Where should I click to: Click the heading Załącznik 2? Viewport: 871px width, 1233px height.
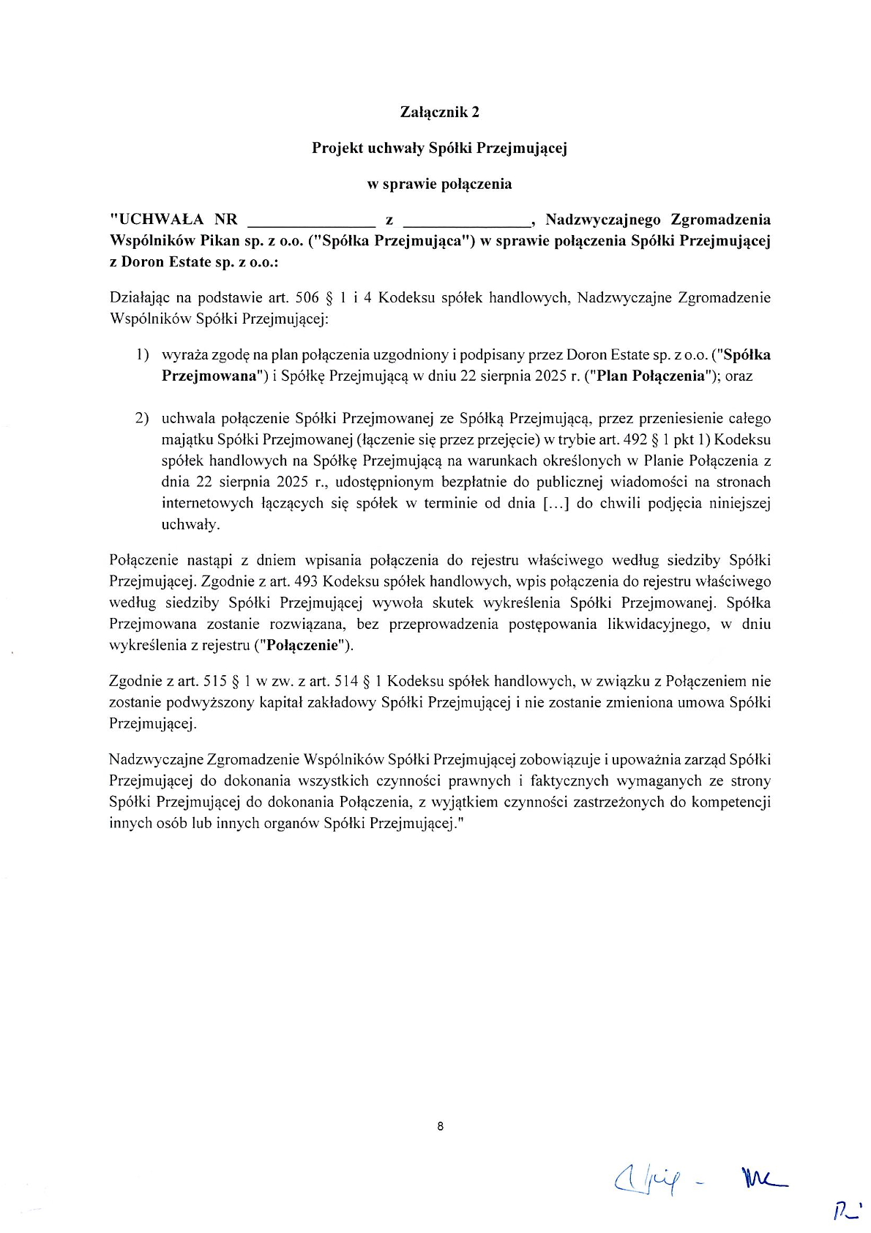click(x=439, y=112)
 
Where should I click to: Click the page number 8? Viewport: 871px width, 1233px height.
click(x=439, y=1126)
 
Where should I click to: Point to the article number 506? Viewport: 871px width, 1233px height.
click(x=307, y=298)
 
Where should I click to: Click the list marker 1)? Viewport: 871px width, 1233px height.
click(x=142, y=355)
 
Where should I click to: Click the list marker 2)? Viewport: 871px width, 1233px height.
click(x=142, y=419)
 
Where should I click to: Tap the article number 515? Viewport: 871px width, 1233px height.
click(x=214, y=682)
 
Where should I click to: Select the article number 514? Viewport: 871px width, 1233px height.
click(x=346, y=682)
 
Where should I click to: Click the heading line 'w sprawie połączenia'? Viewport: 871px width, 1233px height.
click(x=439, y=184)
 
